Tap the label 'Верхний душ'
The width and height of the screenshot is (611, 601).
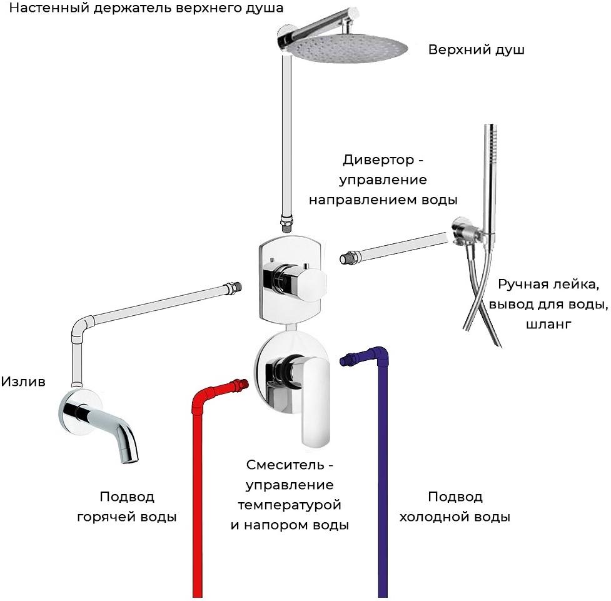[476, 50]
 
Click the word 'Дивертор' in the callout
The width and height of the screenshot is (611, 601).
[378, 160]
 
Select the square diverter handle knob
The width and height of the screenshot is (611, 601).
[308, 280]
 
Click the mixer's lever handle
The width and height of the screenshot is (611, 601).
[316, 402]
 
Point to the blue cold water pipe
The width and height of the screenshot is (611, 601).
[383, 468]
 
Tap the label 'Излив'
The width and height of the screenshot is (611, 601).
[23, 381]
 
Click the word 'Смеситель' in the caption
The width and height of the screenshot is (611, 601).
[285, 465]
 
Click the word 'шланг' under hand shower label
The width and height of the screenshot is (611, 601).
[548, 325]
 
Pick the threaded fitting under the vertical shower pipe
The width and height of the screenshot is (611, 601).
[285, 225]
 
